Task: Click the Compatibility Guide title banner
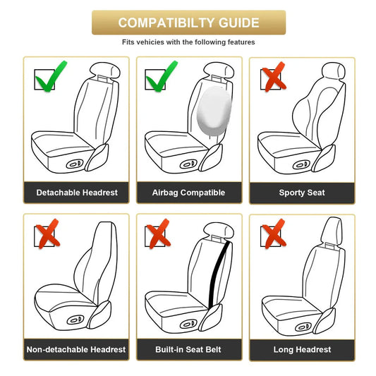[188, 23]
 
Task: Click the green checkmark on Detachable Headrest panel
[46, 78]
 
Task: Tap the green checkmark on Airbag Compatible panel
[162, 78]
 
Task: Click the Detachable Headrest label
[77, 193]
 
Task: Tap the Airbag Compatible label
[188, 193]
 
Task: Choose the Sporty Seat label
[302, 193]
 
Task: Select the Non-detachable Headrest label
[76, 349]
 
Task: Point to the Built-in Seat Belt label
[188, 349]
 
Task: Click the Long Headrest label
[302, 349]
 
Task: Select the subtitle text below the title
[188, 42]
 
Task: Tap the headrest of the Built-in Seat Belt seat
[219, 227]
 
